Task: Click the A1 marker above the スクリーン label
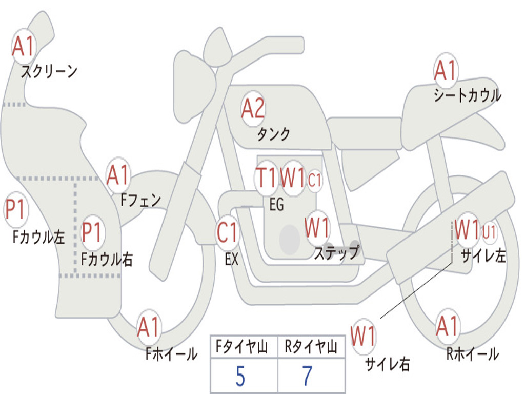[24, 46]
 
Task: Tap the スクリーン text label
[49, 71]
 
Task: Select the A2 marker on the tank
[253, 109]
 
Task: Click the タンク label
[273, 134]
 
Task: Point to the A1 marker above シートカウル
[446, 70]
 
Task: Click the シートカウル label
[468, 95]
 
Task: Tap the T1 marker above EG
[267, 178]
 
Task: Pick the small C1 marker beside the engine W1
[315, 180]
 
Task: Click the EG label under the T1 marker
[276, 204]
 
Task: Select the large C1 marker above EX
[227, 232]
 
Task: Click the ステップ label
[337, 252]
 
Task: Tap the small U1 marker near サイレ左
[489, 232]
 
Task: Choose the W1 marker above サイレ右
[364, 337]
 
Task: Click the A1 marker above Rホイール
[447, 326]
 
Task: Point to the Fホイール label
[171, 354]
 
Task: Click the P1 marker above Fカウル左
[16, 210]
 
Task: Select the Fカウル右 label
[107, 259]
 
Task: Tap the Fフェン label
[140, 200]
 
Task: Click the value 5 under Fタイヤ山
[240, 376]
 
